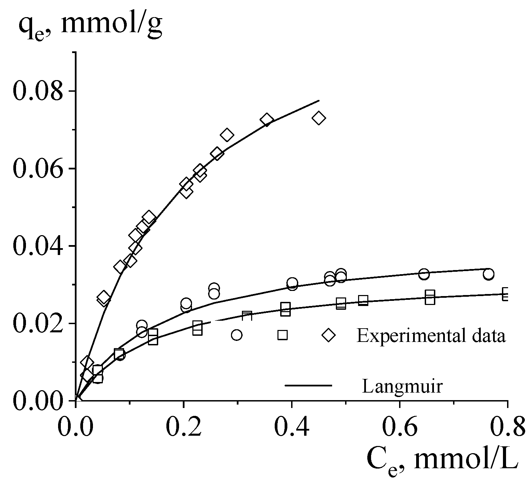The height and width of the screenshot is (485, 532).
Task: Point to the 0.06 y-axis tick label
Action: pos(38,169)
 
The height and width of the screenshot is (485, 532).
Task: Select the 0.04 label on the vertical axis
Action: pos(38,246)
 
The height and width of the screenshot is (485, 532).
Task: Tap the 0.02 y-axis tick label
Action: pos(38,323)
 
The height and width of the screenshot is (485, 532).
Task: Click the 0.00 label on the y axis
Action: pos(38,401)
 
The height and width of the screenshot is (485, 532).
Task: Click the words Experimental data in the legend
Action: pos(431,335)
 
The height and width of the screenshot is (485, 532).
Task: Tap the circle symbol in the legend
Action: pos(236,335)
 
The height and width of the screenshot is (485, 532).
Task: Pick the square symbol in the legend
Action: pos(282,335)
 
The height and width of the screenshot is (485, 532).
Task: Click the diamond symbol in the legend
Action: pos(329,335)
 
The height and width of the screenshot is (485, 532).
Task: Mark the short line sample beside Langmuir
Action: pos(308,386)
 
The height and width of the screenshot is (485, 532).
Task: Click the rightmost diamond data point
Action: pos(319,118)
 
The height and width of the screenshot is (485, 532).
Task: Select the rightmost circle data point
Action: pos(489,274)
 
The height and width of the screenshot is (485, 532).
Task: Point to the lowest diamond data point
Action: pos(87,375)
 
